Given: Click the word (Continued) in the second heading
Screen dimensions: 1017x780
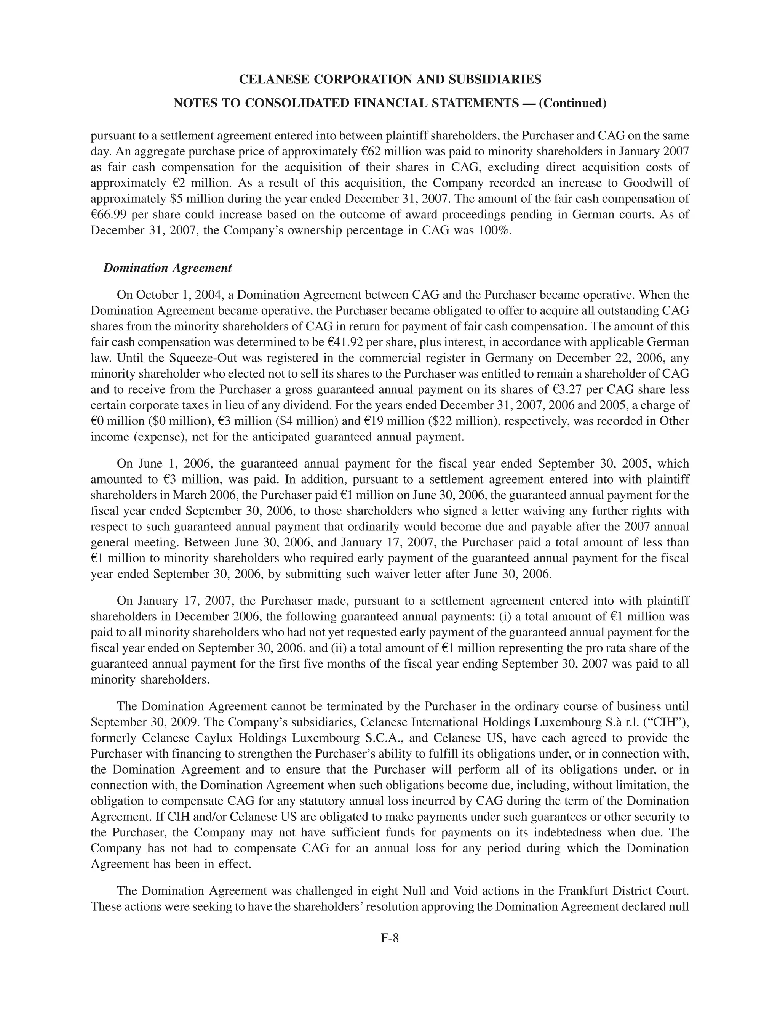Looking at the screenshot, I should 572,103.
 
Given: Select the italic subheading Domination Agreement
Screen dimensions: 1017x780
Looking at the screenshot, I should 167,268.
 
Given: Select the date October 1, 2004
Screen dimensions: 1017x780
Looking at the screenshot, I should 176,295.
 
